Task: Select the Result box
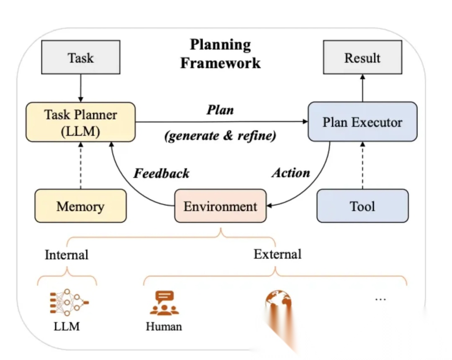(362, 57)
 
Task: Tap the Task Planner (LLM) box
(81, 122)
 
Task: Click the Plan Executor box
(362, 122)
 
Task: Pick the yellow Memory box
(80, 206)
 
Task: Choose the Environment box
(220, 206)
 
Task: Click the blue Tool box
(362, 206)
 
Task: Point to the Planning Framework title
(220, 54)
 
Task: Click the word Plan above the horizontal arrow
(220, 110)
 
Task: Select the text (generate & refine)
(221, 136)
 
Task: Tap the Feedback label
(162, 173)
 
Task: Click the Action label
(291, 172)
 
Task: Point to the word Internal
(67, 255)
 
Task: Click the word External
(277, 254)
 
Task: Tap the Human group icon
(164, 303)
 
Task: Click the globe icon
(277, 303)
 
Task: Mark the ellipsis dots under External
(380, 299)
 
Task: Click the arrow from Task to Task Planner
(81, 88)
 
